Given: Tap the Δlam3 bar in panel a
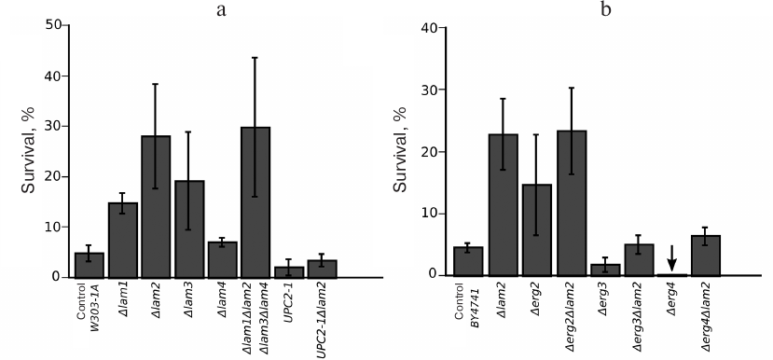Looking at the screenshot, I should point(189,228).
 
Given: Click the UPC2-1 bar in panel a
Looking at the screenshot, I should point(289,272).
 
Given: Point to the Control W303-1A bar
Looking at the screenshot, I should point(89,265).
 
